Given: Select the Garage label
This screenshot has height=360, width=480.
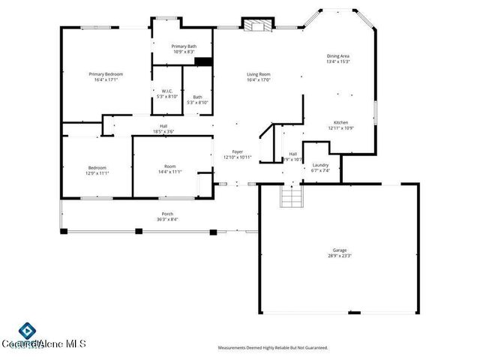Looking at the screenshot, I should tap(340, 250).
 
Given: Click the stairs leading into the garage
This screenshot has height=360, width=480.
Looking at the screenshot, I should tap(290, 197).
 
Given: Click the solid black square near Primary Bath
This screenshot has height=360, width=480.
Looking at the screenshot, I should tap(204, 62).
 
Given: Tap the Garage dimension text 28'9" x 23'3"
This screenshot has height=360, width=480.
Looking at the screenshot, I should tap(340, 256).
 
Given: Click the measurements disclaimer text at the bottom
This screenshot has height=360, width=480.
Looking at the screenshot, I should tap(273, 348).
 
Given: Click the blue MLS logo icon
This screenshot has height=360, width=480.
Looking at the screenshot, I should tap(26, 330).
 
